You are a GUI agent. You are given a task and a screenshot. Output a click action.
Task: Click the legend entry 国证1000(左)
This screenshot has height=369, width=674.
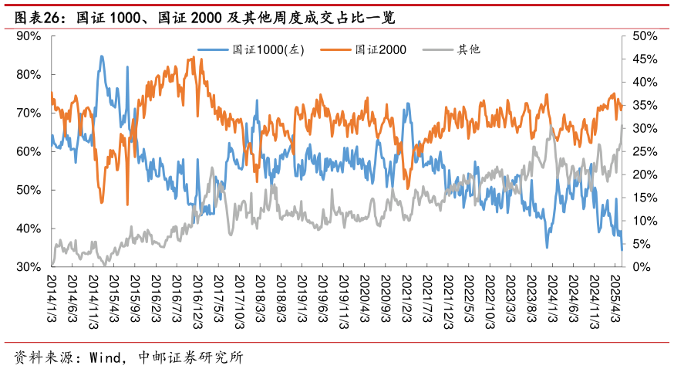(x=269, y=50)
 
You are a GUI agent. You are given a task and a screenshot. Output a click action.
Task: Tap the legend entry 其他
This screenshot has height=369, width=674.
(x=469, y=50)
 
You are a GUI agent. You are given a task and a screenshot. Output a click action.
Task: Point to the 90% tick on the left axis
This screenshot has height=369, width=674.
(x=29, y=36)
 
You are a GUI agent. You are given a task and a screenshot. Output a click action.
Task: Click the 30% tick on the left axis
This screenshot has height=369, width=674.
(x=29, y=267)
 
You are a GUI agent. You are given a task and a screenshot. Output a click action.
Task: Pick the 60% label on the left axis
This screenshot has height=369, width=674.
(x=29, y=151)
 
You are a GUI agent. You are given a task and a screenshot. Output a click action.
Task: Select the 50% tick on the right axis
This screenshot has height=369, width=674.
(x=644, y=36)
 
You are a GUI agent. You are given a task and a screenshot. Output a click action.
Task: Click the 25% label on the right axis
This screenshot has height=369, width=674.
(x=644, y=151)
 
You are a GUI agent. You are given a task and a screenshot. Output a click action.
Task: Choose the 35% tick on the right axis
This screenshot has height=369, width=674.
(x=644, y=105)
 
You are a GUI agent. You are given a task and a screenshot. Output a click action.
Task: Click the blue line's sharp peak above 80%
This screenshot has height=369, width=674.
(x=101, y=56)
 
